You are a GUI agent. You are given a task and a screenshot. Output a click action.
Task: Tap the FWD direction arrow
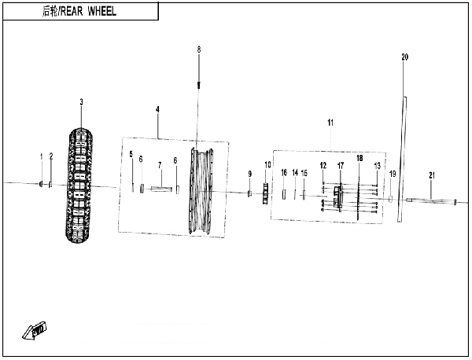click(35, 331)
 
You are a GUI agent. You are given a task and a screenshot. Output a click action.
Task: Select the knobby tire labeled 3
click(79, 186)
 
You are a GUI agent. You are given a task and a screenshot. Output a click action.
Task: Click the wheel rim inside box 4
click(201, 191)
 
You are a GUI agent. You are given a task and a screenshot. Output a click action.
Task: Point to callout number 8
click(199, 50)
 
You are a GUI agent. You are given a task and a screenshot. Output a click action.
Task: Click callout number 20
click(405, 57)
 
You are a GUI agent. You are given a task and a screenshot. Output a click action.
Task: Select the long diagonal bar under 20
click(402, 160)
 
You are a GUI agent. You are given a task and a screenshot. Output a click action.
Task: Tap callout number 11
click(330, 123)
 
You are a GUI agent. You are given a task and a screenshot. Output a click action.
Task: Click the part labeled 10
click(265, 193)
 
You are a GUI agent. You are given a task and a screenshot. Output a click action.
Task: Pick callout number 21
click(432, 175)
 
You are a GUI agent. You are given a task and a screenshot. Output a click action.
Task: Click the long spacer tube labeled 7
click(161, 189)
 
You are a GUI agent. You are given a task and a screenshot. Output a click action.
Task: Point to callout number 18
click(360, 158)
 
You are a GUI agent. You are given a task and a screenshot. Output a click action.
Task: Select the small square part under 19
click(391, 199)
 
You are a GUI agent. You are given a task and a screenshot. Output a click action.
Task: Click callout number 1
click(42, 156)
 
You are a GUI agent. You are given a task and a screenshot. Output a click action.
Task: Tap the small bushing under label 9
click(249, 193)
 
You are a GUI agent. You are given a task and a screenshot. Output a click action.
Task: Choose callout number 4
click(157, 109)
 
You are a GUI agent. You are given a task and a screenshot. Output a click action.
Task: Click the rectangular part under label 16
click(283, 194)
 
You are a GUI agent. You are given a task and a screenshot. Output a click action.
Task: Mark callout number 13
click(377, 166)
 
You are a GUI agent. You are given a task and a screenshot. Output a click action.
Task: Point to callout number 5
click(131, 154)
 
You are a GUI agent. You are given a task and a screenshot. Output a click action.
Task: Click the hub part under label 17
click(338, 197)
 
